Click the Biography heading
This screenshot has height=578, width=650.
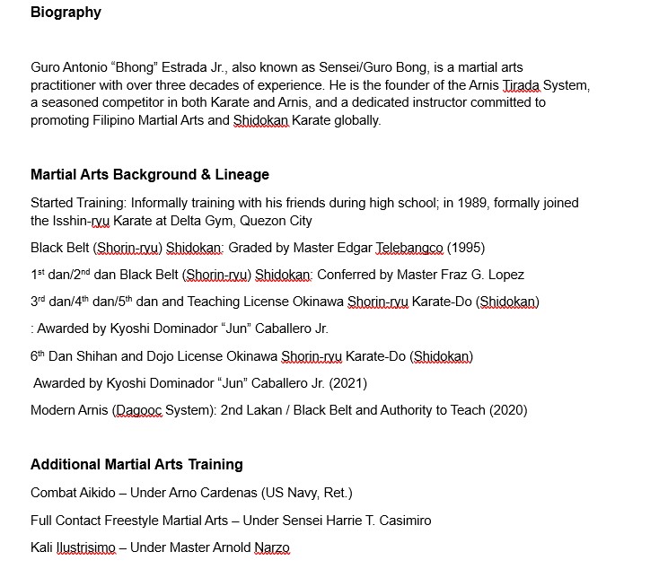[66, 13]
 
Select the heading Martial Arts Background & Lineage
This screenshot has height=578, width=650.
[150, 174]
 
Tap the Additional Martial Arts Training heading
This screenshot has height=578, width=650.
[136, 464]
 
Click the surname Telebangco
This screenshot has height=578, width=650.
[408, 248]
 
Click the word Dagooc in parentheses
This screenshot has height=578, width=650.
[139, 410]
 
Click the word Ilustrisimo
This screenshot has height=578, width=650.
[88, 547]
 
